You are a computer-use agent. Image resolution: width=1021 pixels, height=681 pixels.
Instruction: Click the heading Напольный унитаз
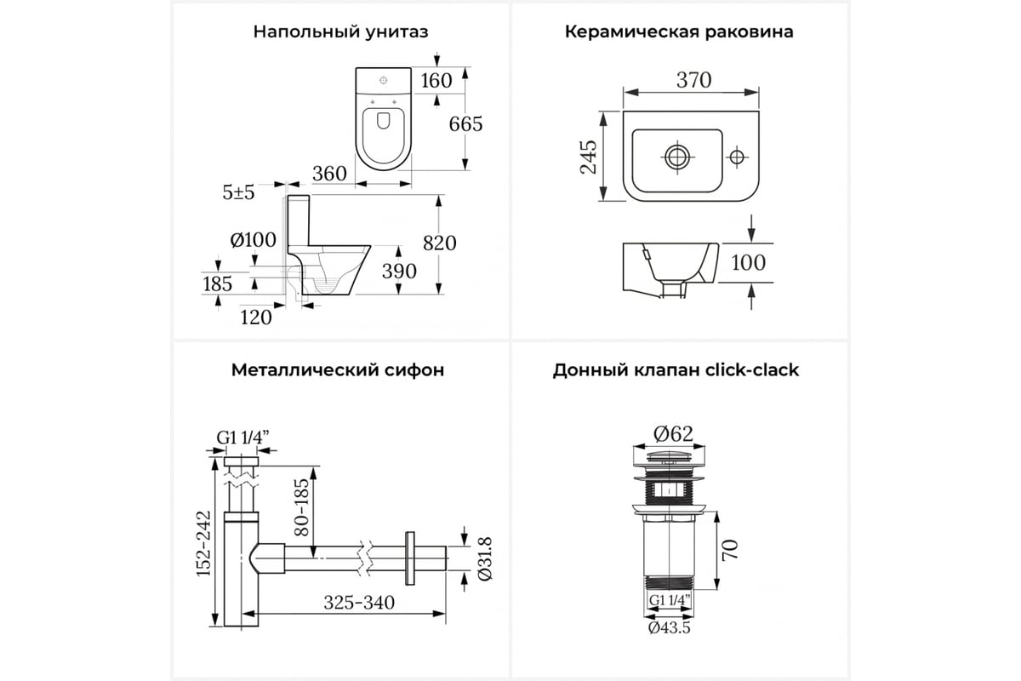340,32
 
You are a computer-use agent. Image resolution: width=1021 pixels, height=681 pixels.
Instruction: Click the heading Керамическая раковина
679,32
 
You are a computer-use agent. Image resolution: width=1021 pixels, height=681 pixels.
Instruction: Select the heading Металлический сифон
338,370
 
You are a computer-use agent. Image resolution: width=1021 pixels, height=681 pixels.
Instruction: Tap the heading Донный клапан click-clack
676,370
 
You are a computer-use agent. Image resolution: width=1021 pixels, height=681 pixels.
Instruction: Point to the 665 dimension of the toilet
465,124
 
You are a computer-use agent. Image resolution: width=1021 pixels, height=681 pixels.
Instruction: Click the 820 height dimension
439,243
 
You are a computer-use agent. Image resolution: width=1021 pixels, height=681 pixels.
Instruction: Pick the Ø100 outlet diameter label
253,240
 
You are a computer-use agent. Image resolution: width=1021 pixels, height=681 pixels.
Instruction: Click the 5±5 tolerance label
238,192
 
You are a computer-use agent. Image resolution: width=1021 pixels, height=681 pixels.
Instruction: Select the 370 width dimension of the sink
693,80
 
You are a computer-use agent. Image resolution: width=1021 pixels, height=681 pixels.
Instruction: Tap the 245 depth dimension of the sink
589,157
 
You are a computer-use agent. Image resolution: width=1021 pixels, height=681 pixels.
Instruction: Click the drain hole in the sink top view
677,157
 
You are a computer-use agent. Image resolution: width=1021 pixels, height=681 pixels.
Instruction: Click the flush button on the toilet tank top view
384,81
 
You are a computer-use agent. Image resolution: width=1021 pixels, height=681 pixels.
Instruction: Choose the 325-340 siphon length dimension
359,603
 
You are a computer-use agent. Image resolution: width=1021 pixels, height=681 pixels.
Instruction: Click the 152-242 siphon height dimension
203,543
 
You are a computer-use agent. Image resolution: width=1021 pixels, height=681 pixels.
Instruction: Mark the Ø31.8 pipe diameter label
485,558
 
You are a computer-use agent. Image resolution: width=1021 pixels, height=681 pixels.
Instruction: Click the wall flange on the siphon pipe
410,558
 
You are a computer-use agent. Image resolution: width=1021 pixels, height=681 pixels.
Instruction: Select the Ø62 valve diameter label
673,434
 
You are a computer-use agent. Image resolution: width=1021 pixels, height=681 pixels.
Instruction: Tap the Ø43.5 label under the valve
669,628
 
